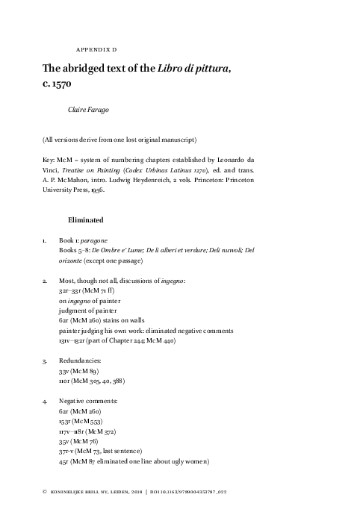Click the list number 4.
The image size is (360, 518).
[x=45, y=400]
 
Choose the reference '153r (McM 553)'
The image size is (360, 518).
[x=79, y=421]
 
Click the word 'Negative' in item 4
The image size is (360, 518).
[x=74, y=400]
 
